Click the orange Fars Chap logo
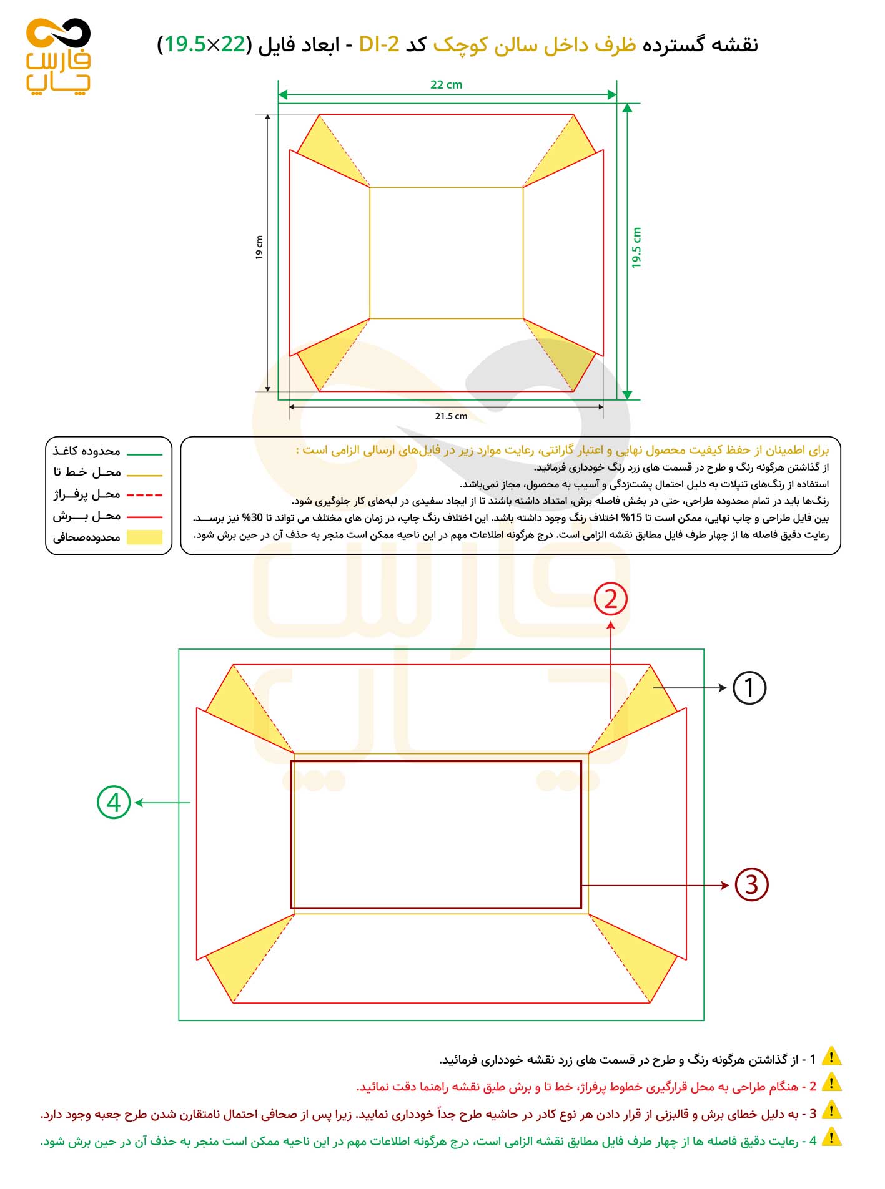[x=58, y=56]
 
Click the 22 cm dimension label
[x=446, y=85]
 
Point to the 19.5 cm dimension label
[x=636, y=248]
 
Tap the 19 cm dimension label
[x=259, y=247]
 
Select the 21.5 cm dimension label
[x=451, y=416]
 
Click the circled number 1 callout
[x=749, y=688]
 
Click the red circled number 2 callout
[x=610, y=599]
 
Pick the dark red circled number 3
[x=751, y=884]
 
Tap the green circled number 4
[x=114, y=803]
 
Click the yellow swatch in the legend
[x=144, y=537]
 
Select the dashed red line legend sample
[x=144, y=495]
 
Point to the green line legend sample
[x=144, y=454]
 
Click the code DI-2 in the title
[x=379, y=44]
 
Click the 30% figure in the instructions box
[x=252, y=518]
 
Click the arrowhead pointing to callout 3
[x=725, y=885]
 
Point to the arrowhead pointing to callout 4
[x=139, y=803]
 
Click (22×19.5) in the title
[x=205, y=44]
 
